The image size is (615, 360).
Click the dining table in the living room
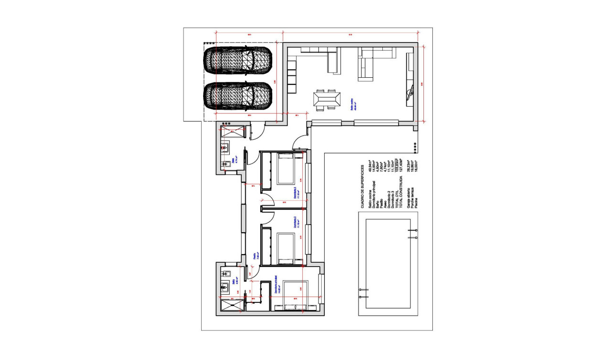pos(327,100)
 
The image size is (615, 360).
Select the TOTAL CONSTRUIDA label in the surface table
pos(401,192)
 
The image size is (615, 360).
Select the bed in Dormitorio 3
pos(287,169)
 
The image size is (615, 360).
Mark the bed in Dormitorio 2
pos(287,248)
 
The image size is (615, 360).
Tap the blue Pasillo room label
pos(255,257)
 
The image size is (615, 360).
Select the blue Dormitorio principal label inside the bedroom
pos(276,288)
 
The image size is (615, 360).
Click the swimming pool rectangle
pos(388,264)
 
